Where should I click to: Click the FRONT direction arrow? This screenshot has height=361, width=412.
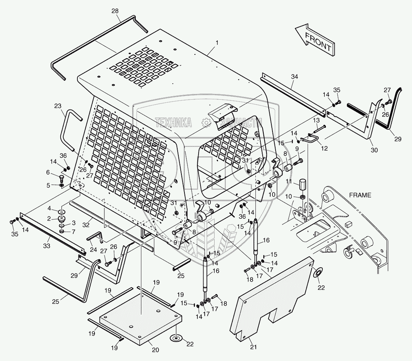315,40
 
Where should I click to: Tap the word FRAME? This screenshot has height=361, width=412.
360,195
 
